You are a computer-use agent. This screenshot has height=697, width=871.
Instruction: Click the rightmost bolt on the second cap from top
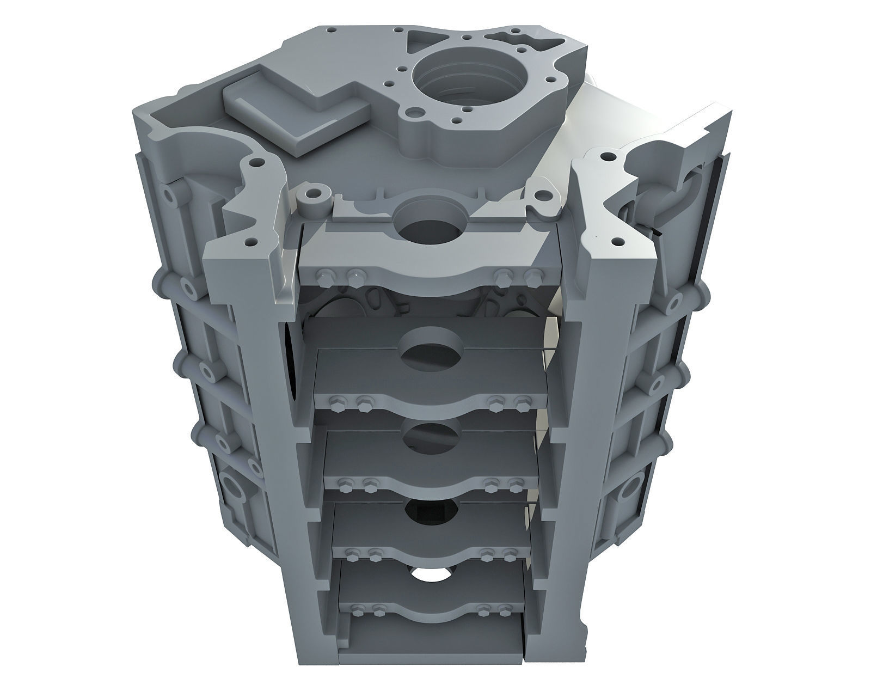click(x=522, y=403)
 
